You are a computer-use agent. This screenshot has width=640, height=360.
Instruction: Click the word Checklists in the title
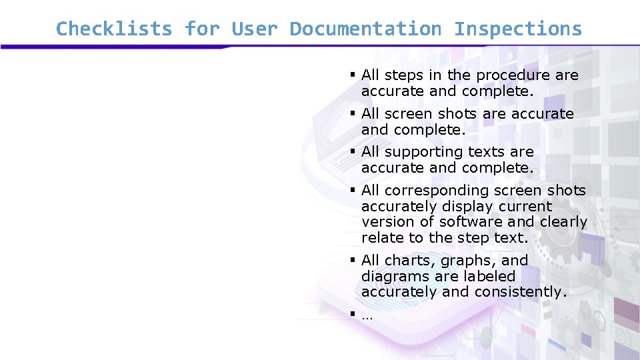click(113, 29)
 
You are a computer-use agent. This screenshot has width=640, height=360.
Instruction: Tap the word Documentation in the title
click(365, 29)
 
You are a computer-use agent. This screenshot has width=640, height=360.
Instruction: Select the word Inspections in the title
click(517, 29)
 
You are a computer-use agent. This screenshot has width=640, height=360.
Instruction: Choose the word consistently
click(520, 292)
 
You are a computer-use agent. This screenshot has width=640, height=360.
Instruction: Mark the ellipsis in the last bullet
click(367, 317)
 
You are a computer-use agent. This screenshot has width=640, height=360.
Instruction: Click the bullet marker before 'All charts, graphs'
click(352, 261)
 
